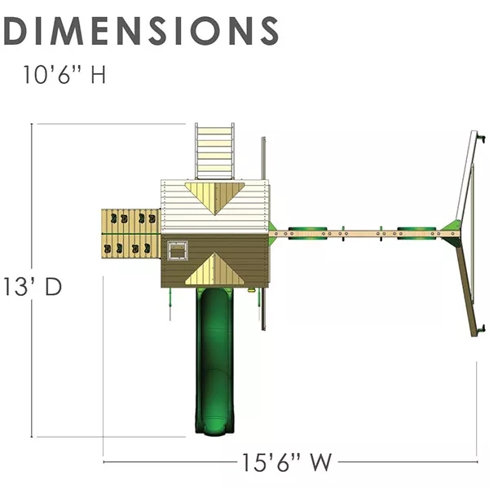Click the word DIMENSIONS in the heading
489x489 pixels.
(x=142, y=30)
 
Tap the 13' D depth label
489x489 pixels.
(x=33, y=287)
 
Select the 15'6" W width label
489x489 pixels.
(x=287, y=463)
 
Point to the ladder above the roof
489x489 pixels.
(x=215, y=151)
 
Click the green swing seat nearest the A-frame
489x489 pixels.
(x=411, y=231)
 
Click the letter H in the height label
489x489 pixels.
(x=98, y=77)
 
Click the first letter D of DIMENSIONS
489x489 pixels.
(x=19, y=30)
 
